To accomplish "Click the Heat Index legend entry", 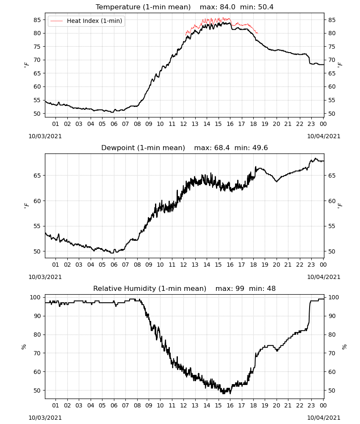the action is tap(86, 21).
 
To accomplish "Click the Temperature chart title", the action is tap(143, 7).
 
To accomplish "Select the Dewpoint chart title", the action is tap(143, 148).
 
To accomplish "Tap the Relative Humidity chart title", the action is tap(150, 288).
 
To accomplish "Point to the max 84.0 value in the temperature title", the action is tap(217, 7).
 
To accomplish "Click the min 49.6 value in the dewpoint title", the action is tap(251, 148).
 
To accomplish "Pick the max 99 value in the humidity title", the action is tap(230, 288).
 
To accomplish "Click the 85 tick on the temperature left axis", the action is tap(37, 20).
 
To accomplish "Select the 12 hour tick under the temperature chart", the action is tap(183, 124).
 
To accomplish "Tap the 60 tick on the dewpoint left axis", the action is tap(37, 201).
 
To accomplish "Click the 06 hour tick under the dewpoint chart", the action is tap(114, 265).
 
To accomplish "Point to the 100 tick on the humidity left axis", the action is tap(36, 297).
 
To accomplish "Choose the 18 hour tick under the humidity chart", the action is tap(253, 406).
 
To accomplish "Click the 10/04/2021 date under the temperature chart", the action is tap(324, 136).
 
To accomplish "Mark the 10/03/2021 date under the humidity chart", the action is tap(45, 418).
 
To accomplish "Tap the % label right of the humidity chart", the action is tap(344, 347).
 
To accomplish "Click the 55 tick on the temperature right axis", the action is tap(332, 100).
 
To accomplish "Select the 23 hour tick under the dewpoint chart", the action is tap(311, 265).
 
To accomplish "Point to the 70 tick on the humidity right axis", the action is tap(332, 353).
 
